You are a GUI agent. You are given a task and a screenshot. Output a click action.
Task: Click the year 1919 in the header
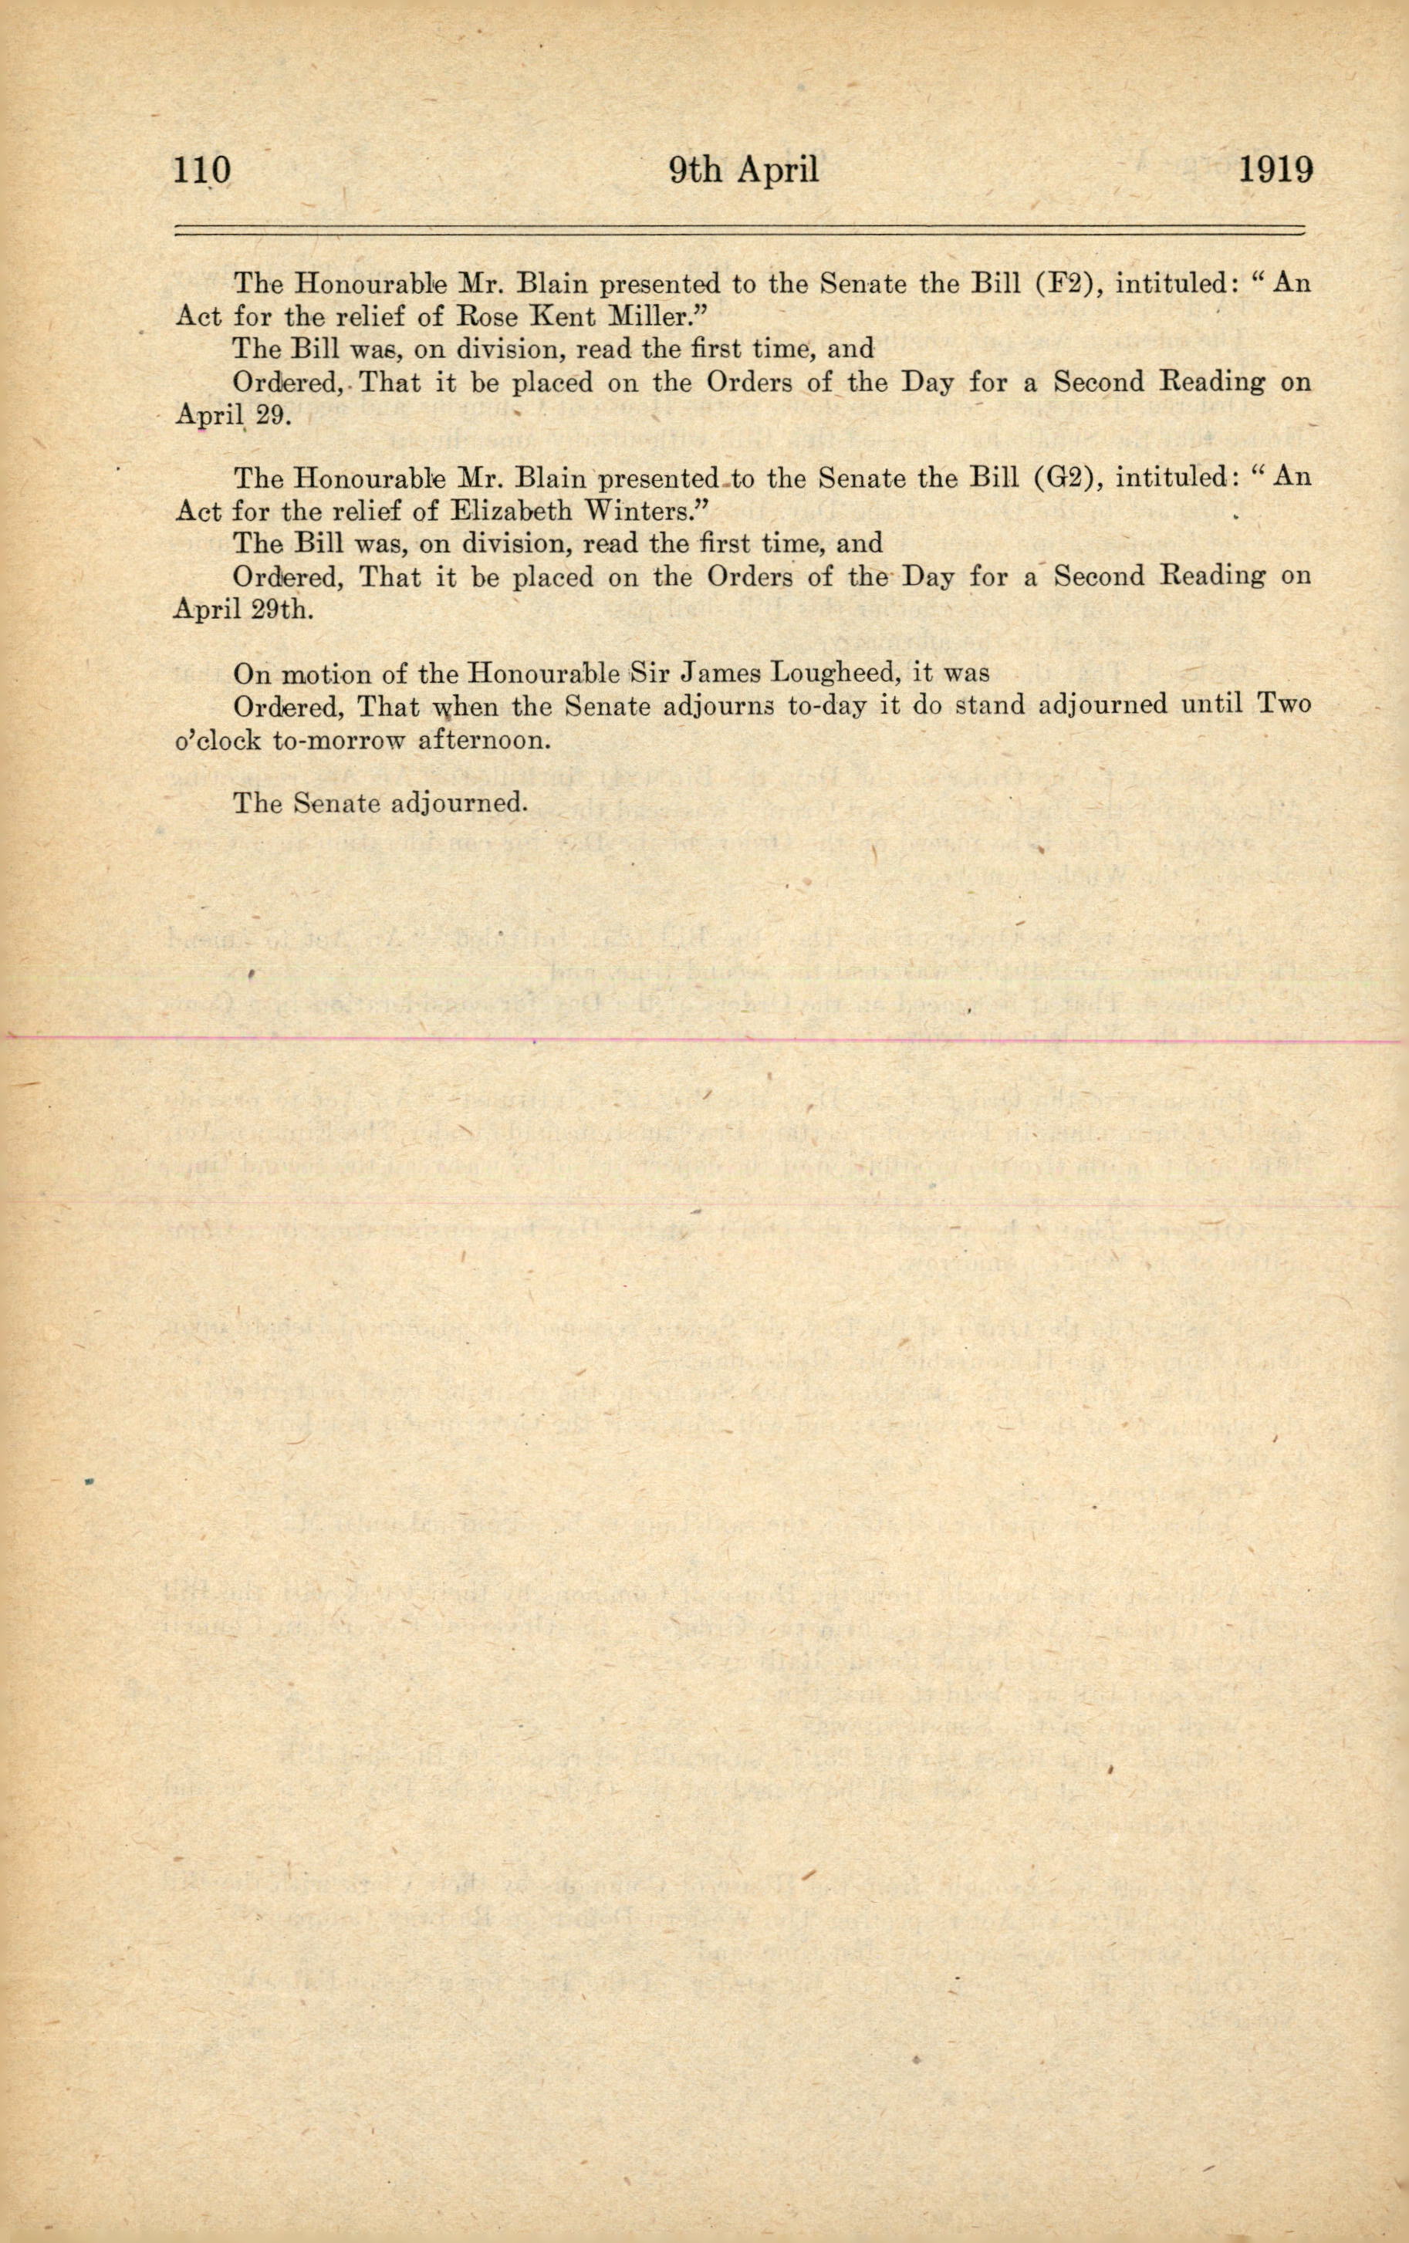click(1275, 171)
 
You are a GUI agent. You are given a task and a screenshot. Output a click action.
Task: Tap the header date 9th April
click(744, 171)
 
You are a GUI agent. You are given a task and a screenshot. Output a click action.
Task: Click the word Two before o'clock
click(1284, 704)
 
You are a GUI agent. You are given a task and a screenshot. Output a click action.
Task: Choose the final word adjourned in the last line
click(458, 803)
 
